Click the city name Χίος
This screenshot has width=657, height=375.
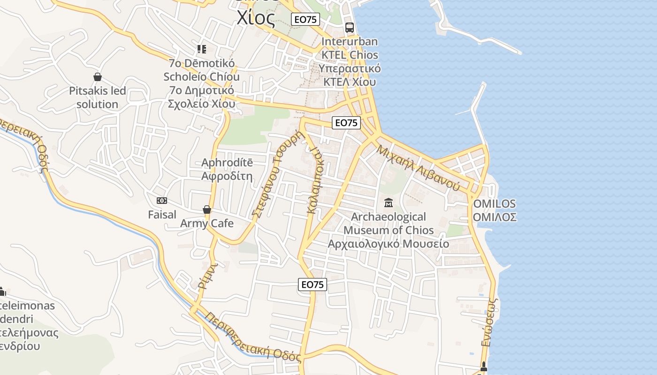(x=256, y=18)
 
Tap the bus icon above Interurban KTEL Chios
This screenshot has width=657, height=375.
(x=349, y=27)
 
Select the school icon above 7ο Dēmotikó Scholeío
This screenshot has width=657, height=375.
(x=202, y=49)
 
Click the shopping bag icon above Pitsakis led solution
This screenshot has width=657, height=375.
(x=98, y=77)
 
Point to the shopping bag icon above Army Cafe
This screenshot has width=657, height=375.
(x=206, y=210)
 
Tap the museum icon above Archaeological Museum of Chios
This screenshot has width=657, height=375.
(x=389, y=203)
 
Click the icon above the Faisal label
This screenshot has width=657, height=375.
(x=162, y=201)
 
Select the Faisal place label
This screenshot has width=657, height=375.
(x=162, y=215)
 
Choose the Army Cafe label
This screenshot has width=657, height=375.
(x=206, y=223)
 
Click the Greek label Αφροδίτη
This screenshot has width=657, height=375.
(x=227, y=177)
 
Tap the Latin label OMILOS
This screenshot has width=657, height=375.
(x=495, y=204)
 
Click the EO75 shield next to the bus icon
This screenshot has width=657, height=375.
(x=306, y=19)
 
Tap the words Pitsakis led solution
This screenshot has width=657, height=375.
(x=98, y=97)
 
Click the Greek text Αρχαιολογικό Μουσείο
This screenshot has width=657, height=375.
(x=388, y=244)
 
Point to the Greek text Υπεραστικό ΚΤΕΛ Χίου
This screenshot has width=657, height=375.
(x=350, y=75)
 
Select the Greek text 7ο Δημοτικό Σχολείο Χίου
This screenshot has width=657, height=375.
(x=201, y=97)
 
